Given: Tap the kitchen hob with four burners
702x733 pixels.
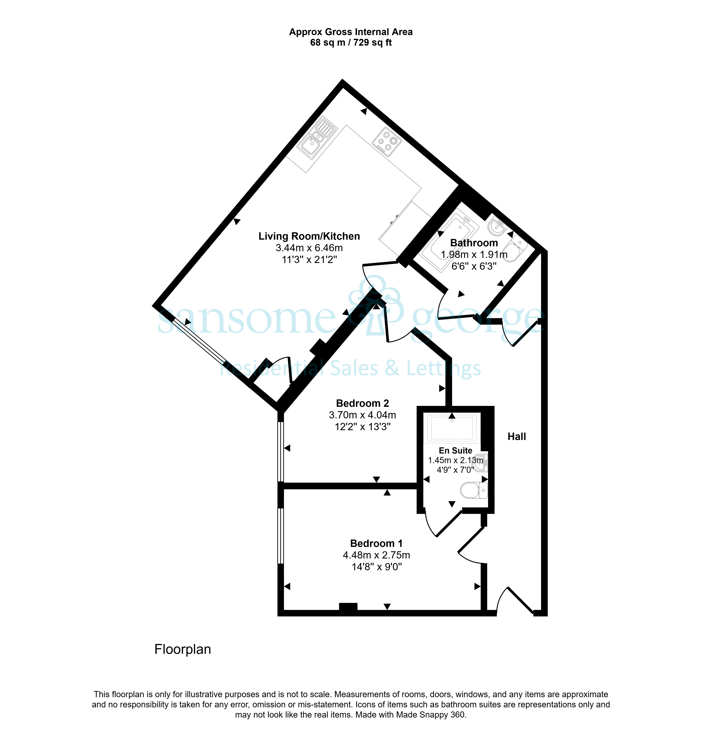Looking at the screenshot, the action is [387, 142].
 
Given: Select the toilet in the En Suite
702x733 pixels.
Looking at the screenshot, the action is [474, 490].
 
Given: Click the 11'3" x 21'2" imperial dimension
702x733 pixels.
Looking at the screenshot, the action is [309, 259].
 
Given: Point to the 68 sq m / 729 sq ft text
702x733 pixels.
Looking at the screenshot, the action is [351, 43].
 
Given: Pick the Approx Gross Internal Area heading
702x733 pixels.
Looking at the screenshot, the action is [351, 32].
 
